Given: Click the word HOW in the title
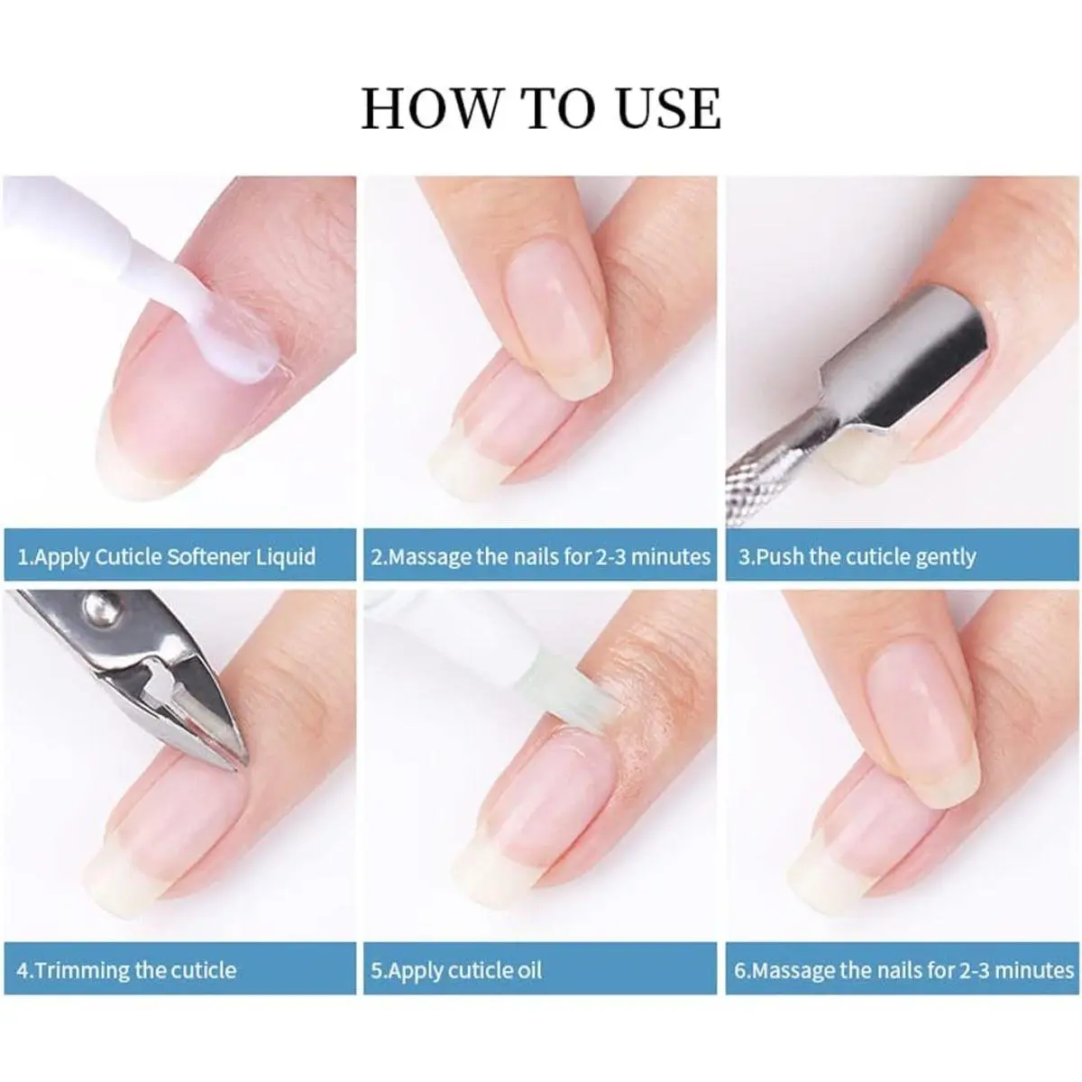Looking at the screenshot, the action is point(430,108).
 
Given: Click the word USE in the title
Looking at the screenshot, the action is point(668,108).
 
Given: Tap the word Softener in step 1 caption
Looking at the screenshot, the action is point(208,557).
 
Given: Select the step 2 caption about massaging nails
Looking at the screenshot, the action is point(540,557).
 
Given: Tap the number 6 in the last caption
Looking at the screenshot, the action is point(740,970).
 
